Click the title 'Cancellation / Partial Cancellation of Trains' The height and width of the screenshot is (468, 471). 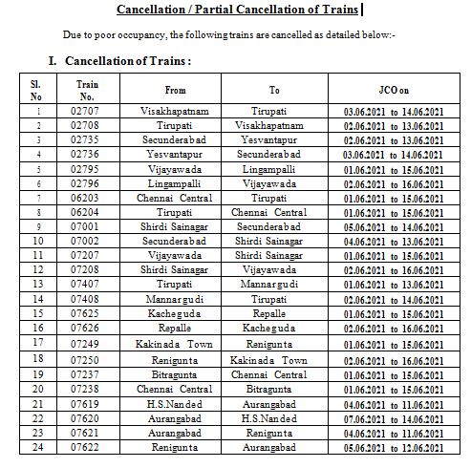[237, 11]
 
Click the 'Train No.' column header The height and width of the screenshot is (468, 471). [86, 90]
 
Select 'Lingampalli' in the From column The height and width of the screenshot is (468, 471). [175, 182]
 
